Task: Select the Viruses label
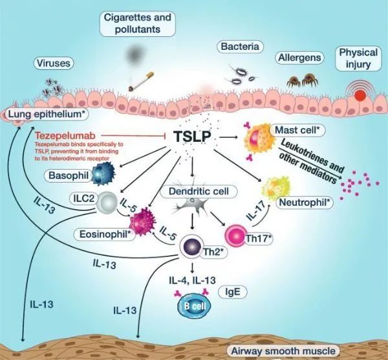(54, 63)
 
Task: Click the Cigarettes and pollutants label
(131, 24)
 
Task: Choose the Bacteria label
(239, 47)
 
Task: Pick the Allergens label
(299, 58)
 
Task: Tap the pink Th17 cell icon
(236, 234)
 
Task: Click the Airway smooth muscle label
(283, 350)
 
